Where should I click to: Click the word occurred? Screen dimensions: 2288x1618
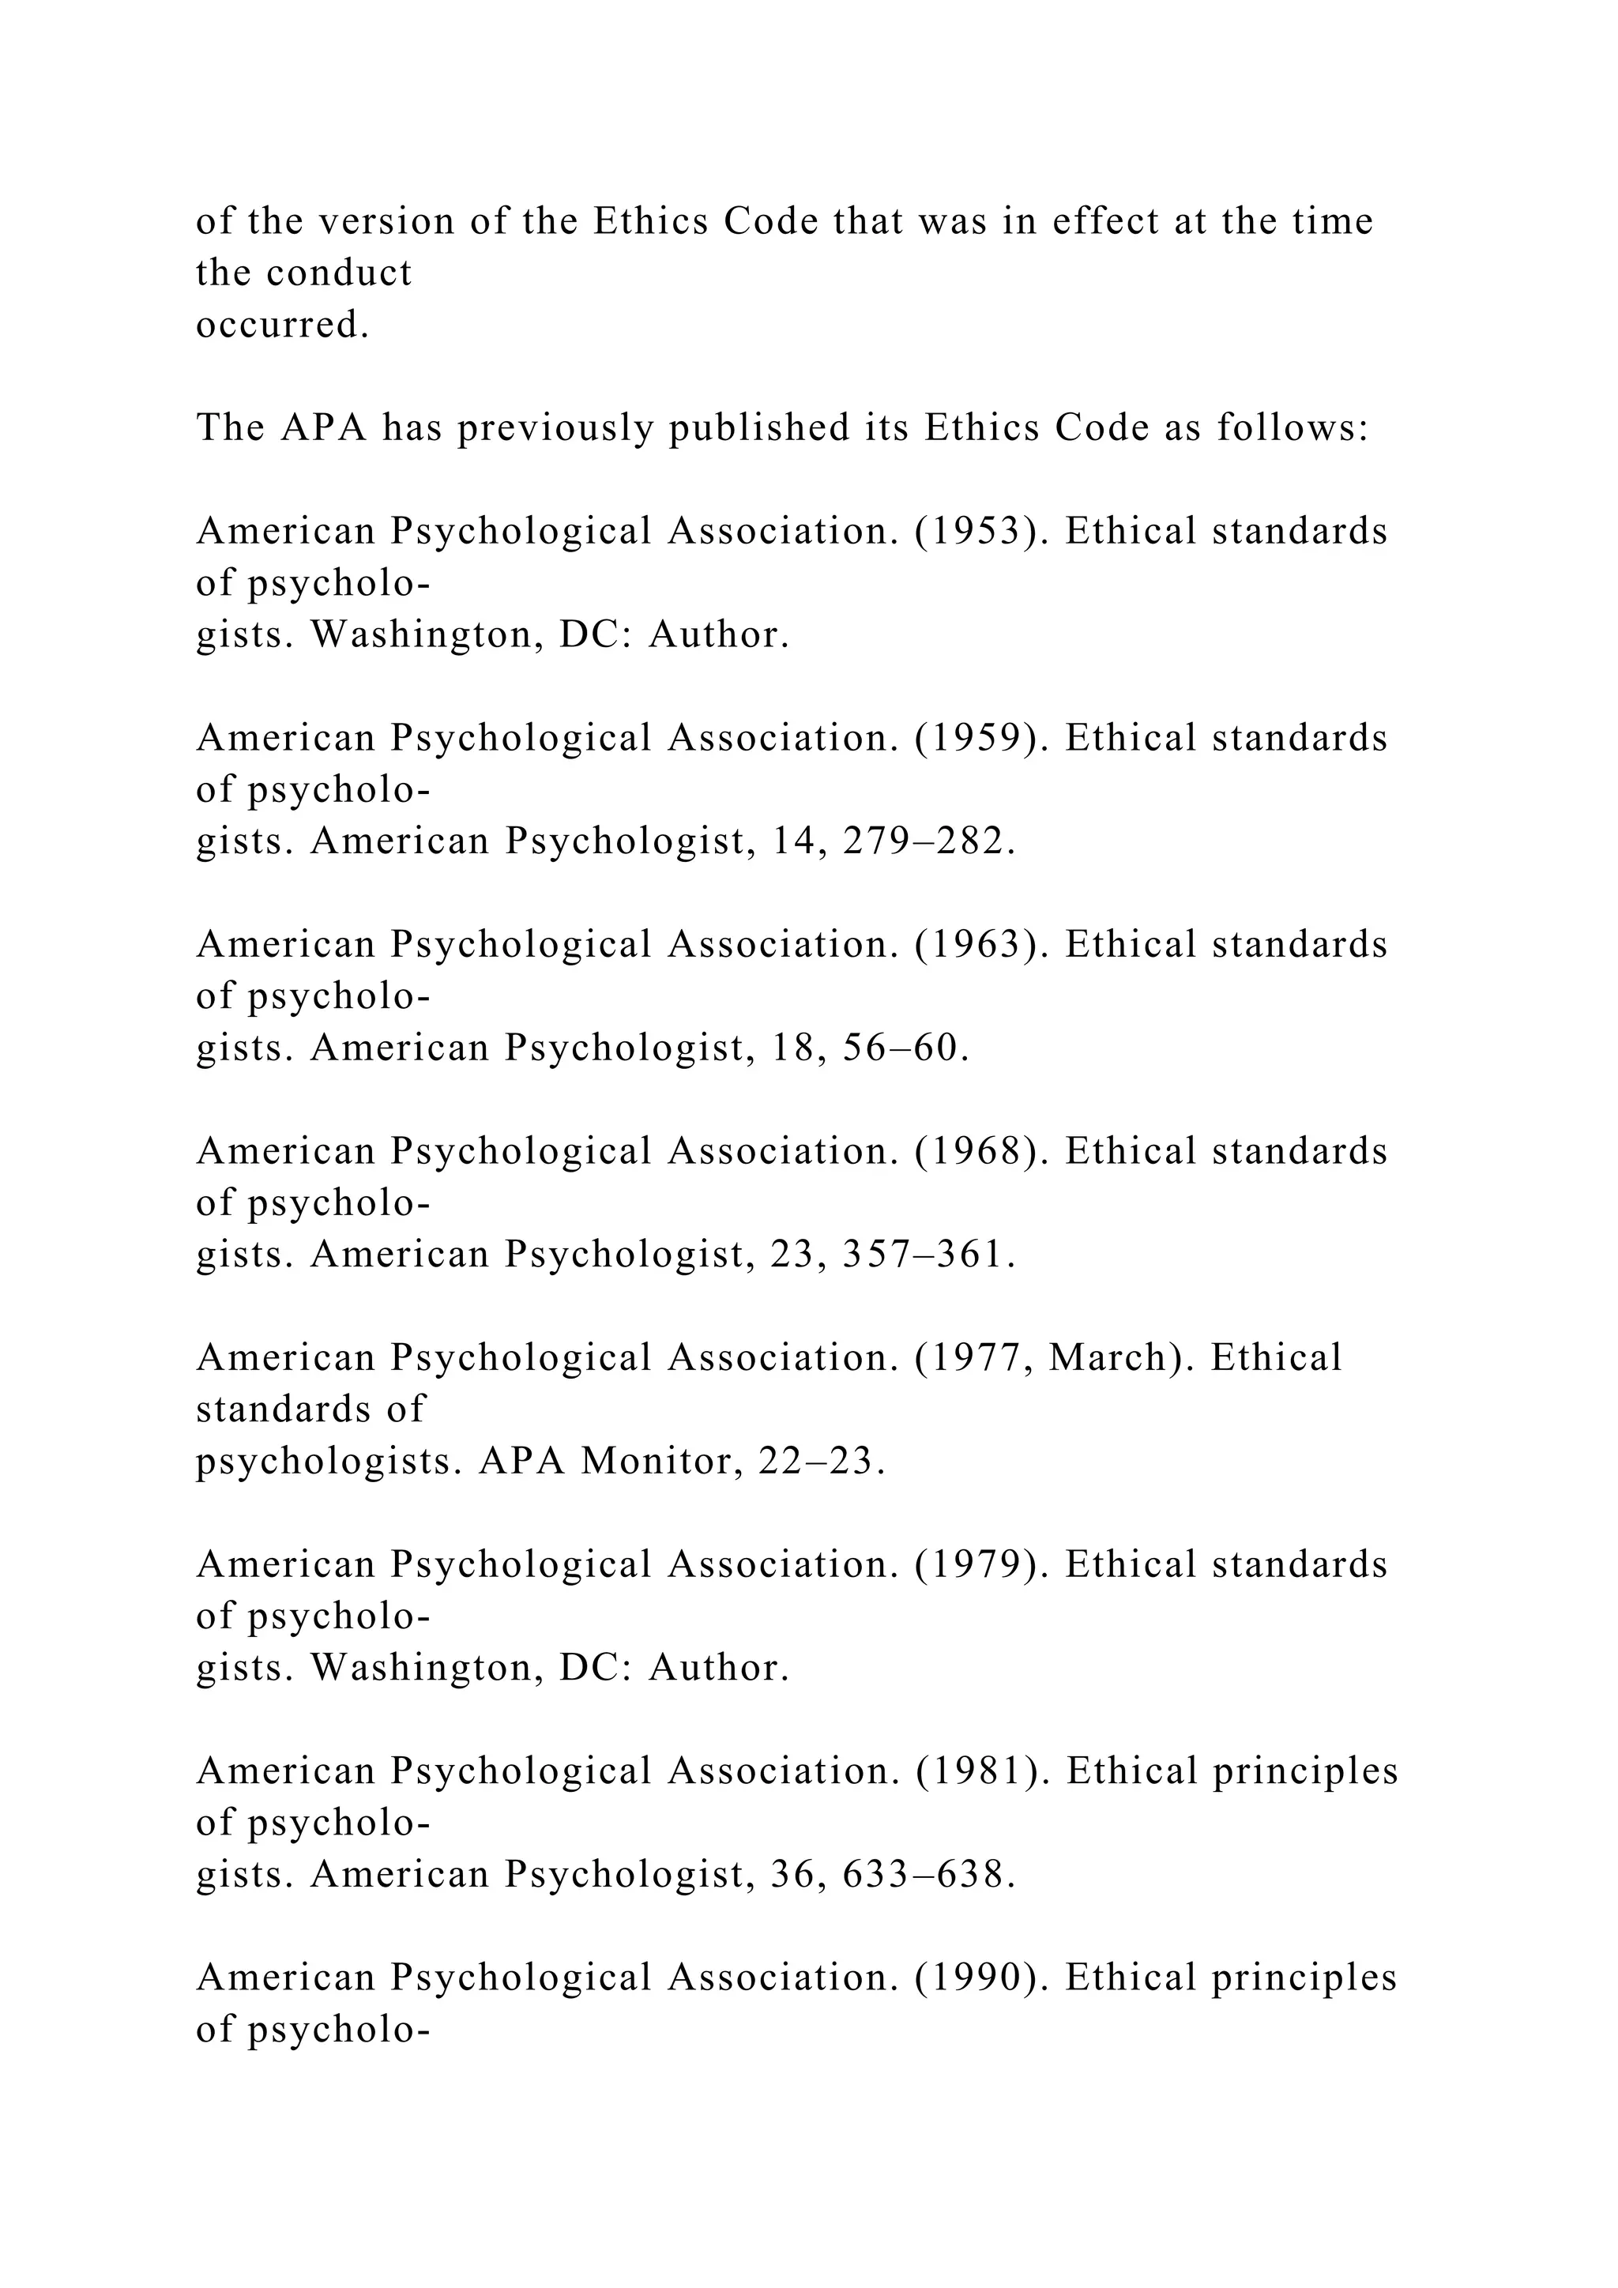click(x=283, y=325)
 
